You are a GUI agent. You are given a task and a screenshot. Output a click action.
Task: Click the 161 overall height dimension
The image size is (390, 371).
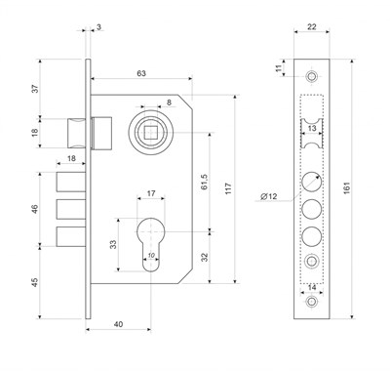point(346,188)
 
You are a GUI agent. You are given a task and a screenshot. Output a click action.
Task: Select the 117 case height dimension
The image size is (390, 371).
point(228,188)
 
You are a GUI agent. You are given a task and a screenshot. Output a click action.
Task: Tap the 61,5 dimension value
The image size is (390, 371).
point(205,183)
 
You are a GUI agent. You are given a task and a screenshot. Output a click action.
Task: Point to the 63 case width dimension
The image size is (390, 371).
point(141,73)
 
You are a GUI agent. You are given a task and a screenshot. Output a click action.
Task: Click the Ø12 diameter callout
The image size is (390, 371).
point(269,196)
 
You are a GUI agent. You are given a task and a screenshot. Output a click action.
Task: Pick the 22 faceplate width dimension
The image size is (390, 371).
point(311,26)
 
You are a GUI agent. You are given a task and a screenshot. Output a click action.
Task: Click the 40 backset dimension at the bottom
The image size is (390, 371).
point(118,324)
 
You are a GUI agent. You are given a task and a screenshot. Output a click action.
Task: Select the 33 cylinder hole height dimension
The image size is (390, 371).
point(113,244)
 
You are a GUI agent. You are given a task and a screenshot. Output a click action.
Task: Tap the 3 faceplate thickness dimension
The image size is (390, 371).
point(98,26)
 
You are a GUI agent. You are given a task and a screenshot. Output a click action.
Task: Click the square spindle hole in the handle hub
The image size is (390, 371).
point(150,133)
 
